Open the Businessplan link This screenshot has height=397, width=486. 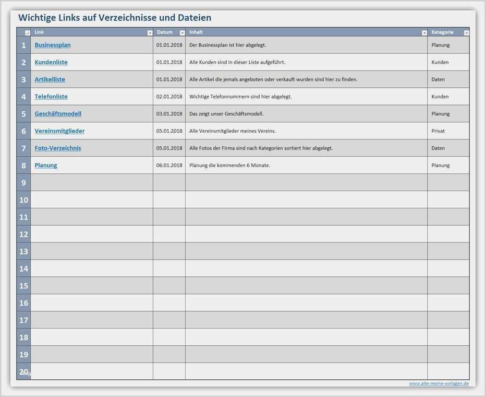click(x=53, y=45)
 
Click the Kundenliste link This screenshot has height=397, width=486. click(x=51, y=62)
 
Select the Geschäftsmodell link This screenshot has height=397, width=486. click(x=58, y=114)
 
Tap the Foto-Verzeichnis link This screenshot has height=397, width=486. click(x=58, y=148)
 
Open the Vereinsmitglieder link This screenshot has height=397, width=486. click(x=59, y=131)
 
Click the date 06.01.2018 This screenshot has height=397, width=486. click(x=169, y=166)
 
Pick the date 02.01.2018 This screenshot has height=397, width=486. click(x=169, y=97)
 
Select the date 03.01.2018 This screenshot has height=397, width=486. click(x=169, y=114)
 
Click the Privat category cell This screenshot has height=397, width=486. click(x=438, y=131)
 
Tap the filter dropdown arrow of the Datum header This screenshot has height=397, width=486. click(x=182, y=33)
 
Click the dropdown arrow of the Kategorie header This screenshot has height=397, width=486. click(x=466, y=33)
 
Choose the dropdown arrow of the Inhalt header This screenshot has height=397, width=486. click(x=424, y=33)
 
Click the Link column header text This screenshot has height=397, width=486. click(x=40, y=32)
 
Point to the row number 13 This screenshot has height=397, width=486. click(x=23, y=252)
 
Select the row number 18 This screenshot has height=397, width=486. click(x=23, y=337)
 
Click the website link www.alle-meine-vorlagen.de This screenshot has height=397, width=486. click(x=439, y=383)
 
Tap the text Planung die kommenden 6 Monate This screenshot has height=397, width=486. click(x=229, y=166)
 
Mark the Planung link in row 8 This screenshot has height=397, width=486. click(x=46, y=166)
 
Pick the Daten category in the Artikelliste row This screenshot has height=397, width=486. click(x=438, y=79)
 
